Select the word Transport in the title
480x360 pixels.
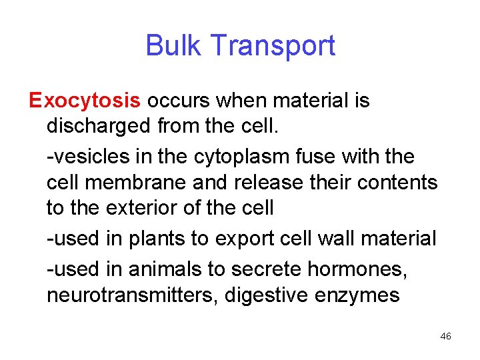(x=272, y=46)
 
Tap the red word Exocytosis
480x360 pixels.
(x=85, y=101)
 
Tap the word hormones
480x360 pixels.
(x=361, y=269)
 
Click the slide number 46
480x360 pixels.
(x=446, y=337)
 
